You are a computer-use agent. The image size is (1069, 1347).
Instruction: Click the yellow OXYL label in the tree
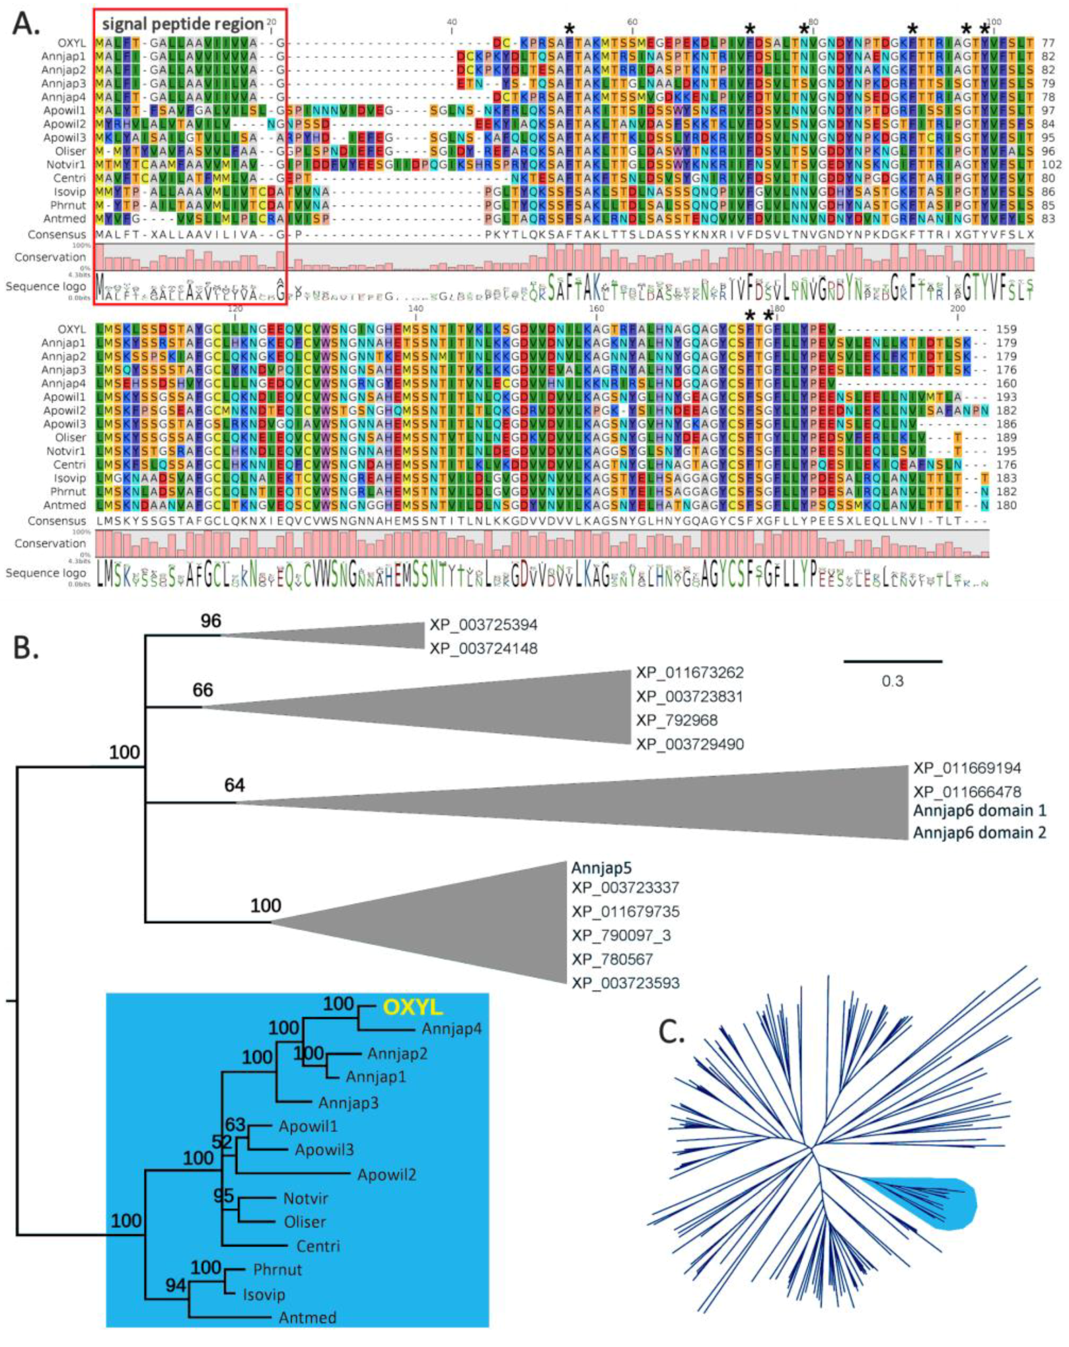(x=412, y=1007)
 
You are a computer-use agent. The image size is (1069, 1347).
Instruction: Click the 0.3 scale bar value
(x=892, y=680)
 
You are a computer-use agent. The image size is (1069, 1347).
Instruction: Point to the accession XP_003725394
(x=483, y=625)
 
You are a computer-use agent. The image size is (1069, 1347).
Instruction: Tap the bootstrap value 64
(x=235, y=785)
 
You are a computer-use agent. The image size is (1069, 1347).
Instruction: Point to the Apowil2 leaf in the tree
(x=387, y=1175)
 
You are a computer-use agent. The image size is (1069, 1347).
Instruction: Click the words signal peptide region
(x=183, y=24)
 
